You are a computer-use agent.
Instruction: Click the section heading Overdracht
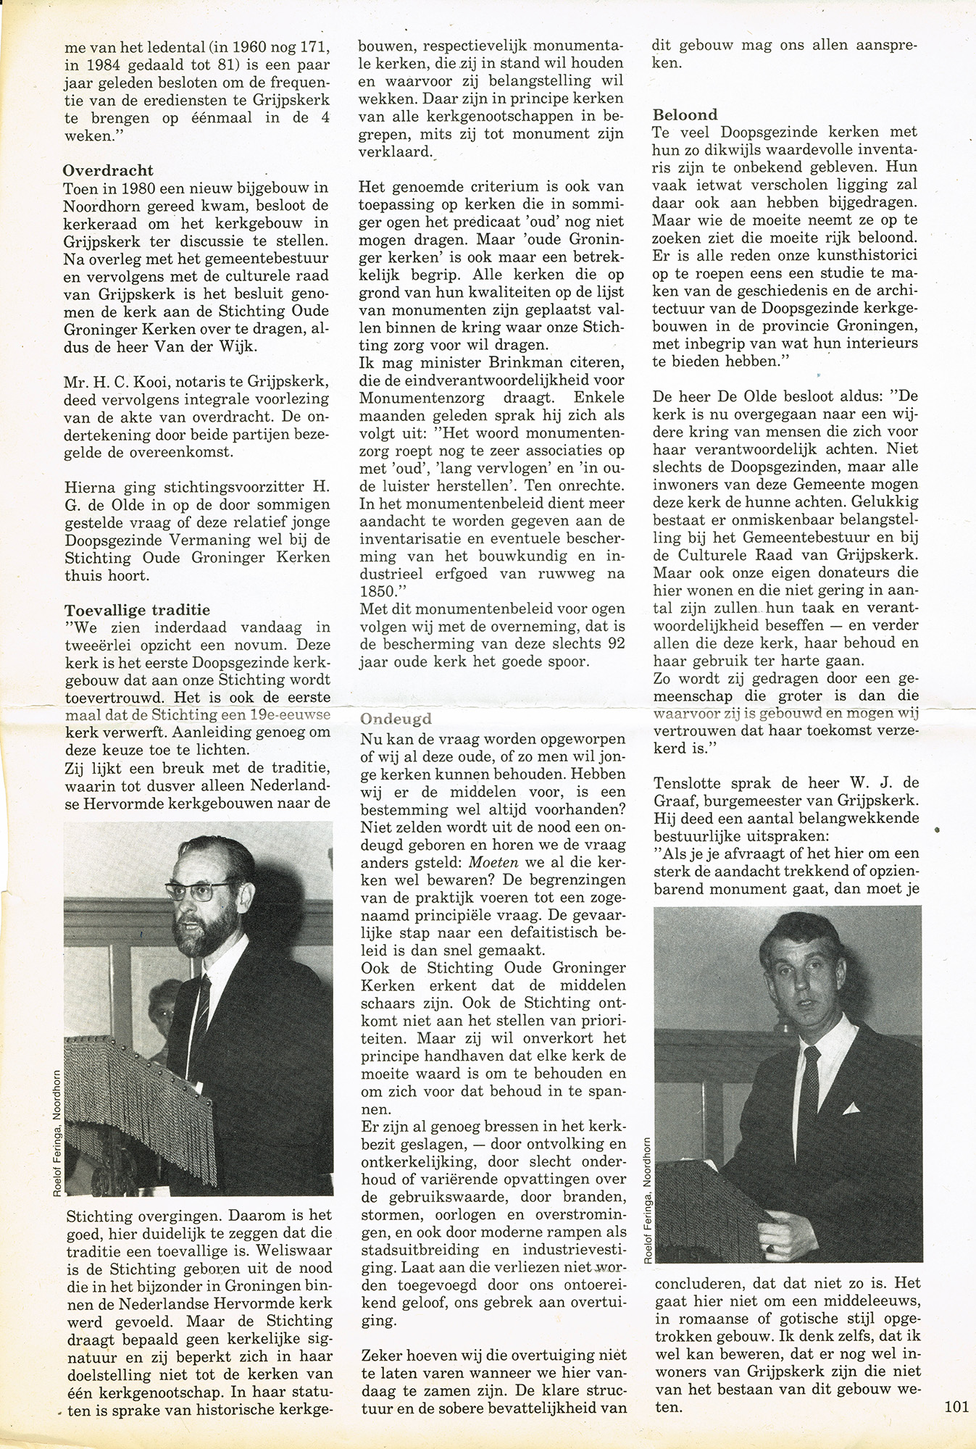pos(108,171)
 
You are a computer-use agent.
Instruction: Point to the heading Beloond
pos(685,114)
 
